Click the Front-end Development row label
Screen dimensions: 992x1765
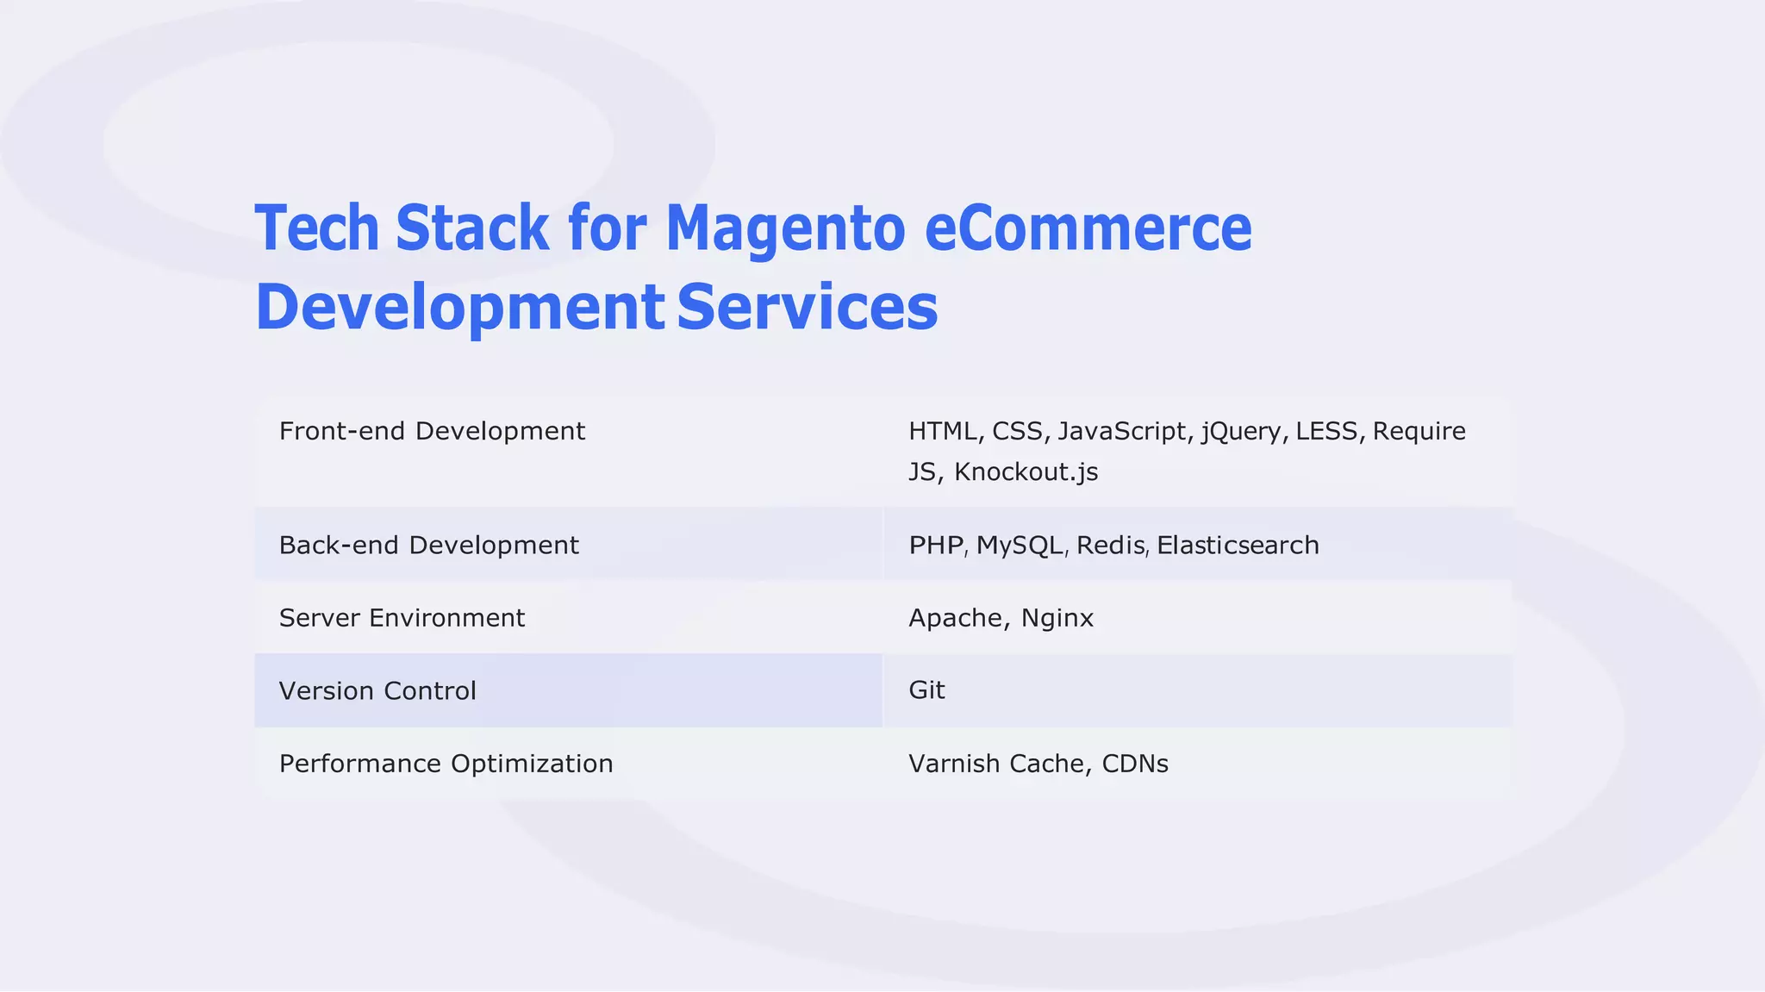[432, 431]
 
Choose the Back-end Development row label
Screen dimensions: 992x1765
[428, 545]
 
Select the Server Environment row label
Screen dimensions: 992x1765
[402, 618]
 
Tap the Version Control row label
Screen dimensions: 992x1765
[377, 690]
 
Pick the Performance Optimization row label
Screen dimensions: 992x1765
[446, 764]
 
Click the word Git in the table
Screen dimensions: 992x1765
[926, 689]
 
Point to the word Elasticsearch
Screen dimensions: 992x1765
[1238, 545]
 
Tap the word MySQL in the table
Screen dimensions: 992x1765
[1019, 545]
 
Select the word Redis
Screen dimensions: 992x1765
[1110, 545]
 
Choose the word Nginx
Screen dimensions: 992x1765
[1057, 618]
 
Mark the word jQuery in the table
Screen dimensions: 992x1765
[1241, 431]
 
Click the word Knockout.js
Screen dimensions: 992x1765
[1026, 472]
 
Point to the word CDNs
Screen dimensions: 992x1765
[1135, 764]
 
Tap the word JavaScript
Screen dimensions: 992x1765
[1122, 431]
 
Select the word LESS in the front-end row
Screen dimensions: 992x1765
[1326, 431]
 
